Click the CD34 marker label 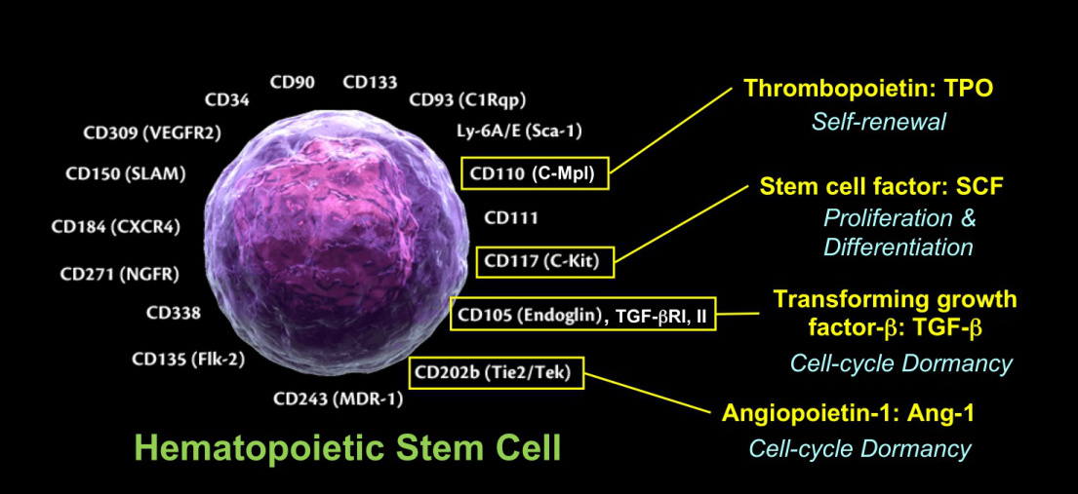(226, 99)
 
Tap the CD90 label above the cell (292, 82)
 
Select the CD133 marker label (370, 82)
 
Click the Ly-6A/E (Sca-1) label (518, 131)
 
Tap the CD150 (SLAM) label (125, 174)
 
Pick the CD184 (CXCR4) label (115, 228)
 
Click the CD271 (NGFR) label (119, 274)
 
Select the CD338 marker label (174, 314)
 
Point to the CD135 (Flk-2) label (188, 359)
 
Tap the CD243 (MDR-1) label (338, 399)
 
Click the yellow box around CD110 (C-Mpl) (534, 174)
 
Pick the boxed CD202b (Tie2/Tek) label (498, 371)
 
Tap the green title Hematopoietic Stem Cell (347, 447)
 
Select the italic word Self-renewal (879, 123)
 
